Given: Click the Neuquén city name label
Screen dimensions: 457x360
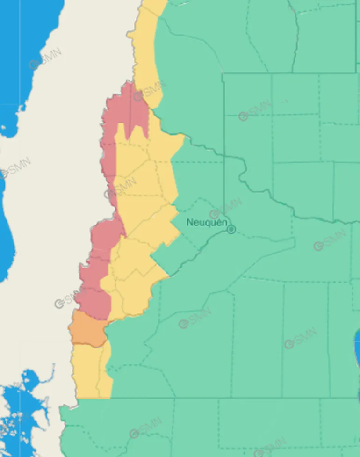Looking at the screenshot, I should coord(206,222).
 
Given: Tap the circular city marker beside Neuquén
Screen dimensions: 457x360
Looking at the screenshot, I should coord(231,229).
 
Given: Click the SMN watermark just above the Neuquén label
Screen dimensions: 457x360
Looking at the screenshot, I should coord(226,209).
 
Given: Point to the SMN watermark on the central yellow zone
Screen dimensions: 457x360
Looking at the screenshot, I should coord(121,188).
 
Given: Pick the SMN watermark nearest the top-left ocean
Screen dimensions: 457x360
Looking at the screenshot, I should coord(45,59).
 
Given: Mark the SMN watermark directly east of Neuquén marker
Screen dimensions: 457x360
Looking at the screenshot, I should coord(331,239).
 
